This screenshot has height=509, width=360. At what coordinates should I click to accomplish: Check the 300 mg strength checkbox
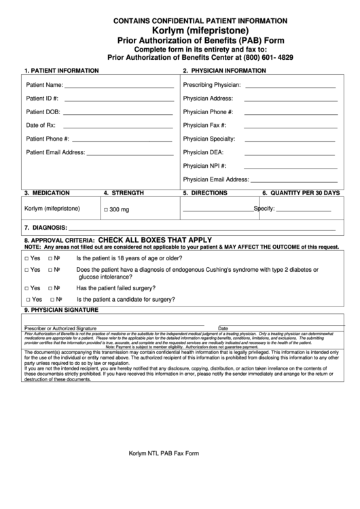pyautogui.click(x=106, y=210)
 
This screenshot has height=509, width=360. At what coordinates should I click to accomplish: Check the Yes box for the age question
pyautogui.click(x=26, y=259)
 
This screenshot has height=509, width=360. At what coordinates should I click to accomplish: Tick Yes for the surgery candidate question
pyautogui.click(x=28, y=300)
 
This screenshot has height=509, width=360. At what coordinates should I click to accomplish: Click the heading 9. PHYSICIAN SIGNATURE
pyautogui.click(x=62, y=310)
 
